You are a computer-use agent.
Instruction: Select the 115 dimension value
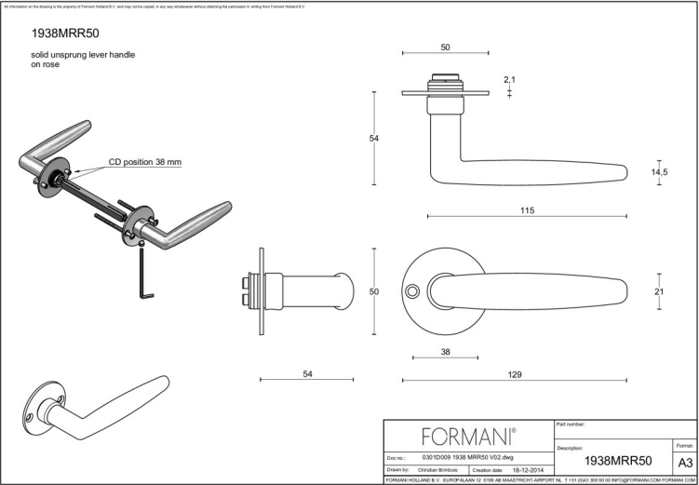tap(527, 211)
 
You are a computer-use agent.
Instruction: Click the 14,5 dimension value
tap(659, 172)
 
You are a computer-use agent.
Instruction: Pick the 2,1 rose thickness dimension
tap(509, 80)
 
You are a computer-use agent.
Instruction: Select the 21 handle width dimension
tap(659, 292)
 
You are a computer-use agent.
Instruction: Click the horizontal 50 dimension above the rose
tap(445, 47)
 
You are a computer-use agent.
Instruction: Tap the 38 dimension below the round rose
tap(444, 352)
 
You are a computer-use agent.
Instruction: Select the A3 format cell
tap(684, 462)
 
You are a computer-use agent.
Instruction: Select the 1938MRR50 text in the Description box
tap(617, 461)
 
